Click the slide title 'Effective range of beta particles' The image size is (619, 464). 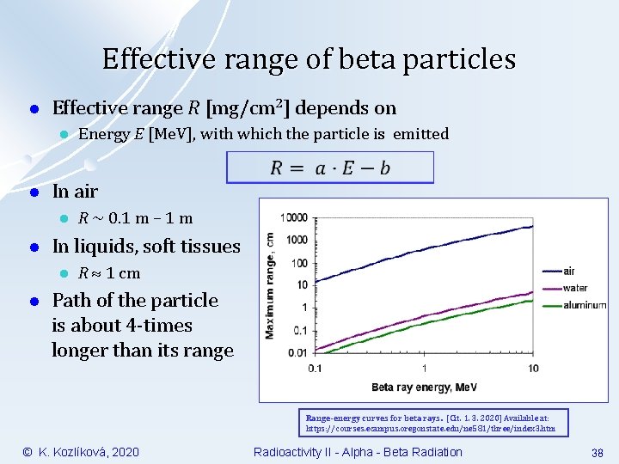309,59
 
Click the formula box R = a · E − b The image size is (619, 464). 330,168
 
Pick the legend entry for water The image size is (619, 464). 575,288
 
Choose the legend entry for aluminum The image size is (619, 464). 585,305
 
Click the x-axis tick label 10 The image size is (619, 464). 533,368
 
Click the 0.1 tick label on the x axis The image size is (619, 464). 315,368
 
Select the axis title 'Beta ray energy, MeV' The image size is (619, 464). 423,387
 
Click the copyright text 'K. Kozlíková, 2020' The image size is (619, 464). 89,452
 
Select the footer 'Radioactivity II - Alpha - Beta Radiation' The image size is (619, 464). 358,452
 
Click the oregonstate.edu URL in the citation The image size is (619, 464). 431,427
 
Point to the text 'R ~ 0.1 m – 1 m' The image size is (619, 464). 135,218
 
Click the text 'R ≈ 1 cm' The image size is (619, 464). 109,273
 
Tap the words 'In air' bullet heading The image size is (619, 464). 75,191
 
